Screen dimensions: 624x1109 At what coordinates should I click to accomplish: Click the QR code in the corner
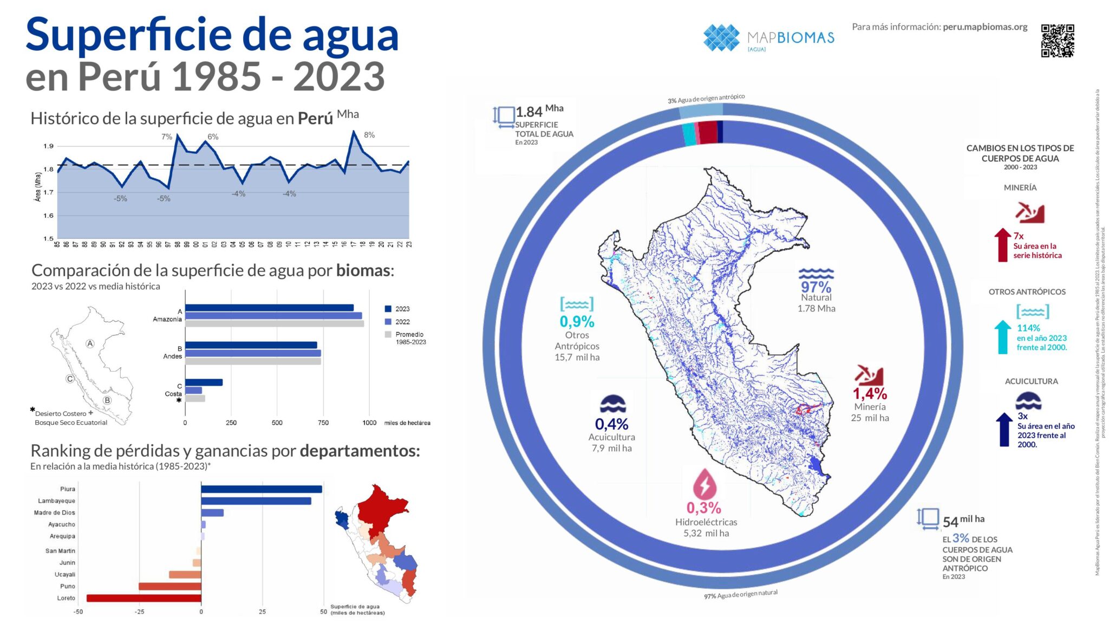1057,41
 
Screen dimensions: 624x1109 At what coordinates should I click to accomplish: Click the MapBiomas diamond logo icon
721,38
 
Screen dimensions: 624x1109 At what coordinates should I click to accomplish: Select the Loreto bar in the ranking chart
144,598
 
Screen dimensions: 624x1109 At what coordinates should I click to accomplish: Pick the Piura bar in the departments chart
262,489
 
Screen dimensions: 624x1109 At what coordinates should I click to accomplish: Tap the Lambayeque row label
56,501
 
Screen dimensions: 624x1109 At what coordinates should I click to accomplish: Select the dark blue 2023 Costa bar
204,382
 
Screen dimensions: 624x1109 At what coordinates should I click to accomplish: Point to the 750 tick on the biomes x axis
323,422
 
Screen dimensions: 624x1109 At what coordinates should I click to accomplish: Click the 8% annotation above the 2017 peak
369,135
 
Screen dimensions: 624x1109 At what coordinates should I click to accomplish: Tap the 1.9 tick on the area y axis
49,146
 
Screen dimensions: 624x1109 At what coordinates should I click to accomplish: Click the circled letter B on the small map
107,400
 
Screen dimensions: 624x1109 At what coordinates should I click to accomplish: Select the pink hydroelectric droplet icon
704,484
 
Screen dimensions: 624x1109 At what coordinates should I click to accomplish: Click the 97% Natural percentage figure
816,287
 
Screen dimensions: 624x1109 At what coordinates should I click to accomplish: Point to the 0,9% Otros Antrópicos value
577,322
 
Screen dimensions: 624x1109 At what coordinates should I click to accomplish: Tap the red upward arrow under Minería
1002,245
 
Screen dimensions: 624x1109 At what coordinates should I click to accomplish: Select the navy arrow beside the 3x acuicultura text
1004,430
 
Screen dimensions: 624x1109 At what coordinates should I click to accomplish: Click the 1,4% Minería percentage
870,394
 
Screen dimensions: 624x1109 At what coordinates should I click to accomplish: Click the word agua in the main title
350,35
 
